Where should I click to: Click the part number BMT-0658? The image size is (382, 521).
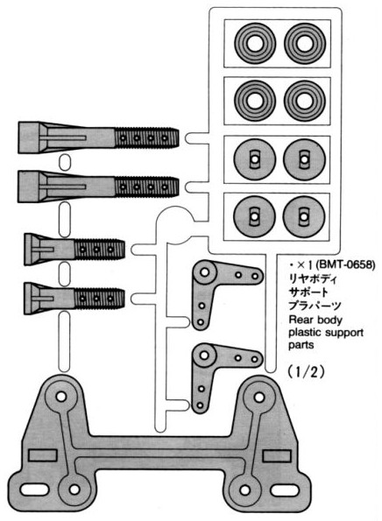345,264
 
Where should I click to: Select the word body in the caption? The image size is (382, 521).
329,320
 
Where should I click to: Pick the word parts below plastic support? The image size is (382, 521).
301,345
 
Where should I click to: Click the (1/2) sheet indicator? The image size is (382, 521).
306,372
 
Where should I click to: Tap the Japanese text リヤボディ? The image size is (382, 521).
313,278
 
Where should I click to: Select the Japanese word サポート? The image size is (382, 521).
308,292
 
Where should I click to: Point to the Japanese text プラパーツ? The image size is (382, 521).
315,306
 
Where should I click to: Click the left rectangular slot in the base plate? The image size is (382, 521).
43,454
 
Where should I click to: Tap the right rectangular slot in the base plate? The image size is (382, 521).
277,455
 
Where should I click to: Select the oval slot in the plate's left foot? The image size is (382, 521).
34,489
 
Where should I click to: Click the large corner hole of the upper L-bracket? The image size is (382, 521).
204,272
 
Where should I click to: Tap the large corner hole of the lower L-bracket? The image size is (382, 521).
204,356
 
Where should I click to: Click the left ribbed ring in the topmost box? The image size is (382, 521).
255,43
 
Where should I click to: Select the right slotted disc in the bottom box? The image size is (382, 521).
303,216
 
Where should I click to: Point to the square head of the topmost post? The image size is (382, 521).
29,137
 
